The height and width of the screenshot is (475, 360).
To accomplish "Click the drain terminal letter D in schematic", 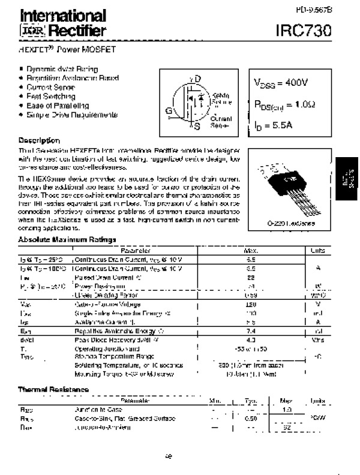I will point(198,79).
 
